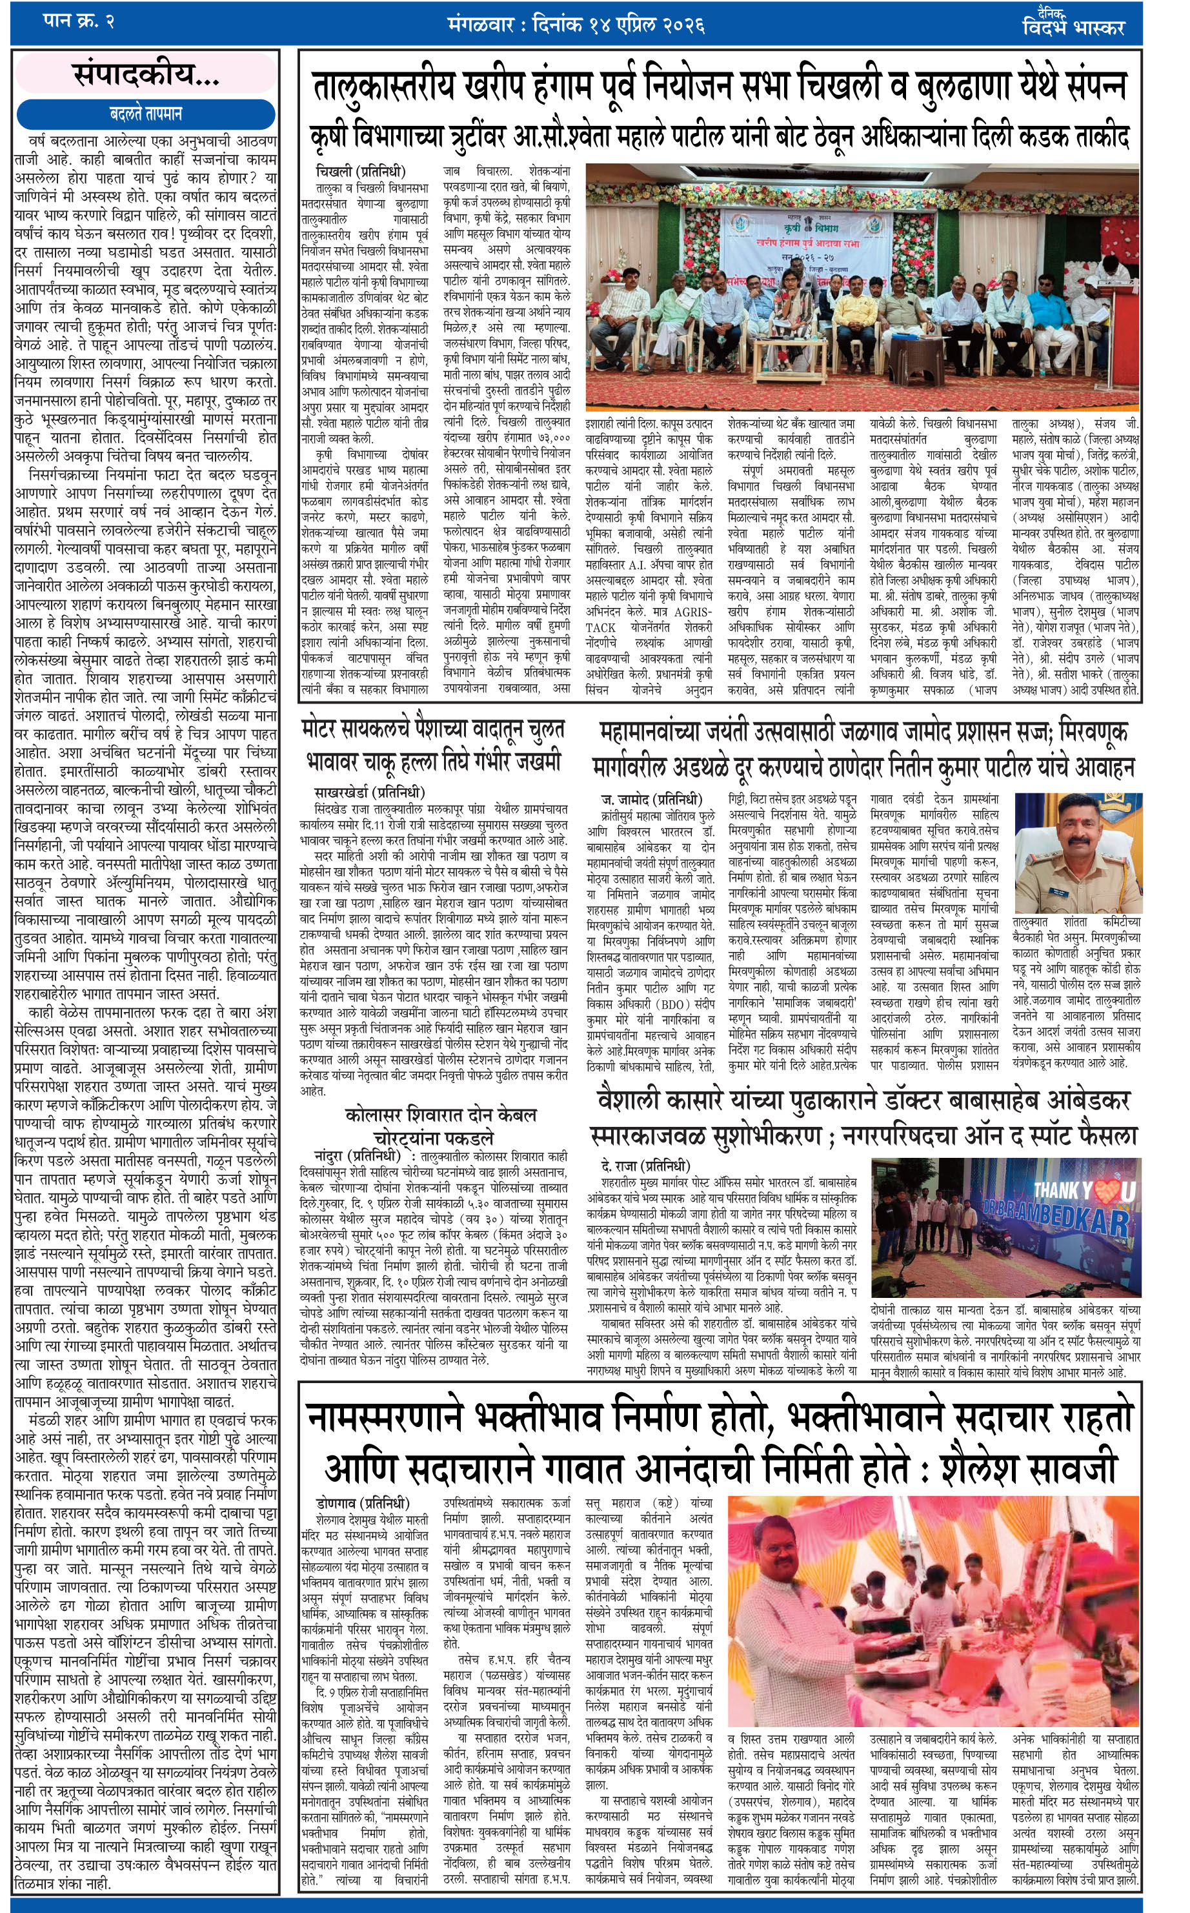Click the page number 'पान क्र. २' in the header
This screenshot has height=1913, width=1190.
78,21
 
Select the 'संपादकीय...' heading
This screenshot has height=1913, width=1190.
146,75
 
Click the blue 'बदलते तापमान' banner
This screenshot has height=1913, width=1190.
146,114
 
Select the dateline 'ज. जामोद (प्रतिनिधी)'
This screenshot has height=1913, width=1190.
650,800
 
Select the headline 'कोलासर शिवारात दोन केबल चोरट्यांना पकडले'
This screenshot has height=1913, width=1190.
440,1126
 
